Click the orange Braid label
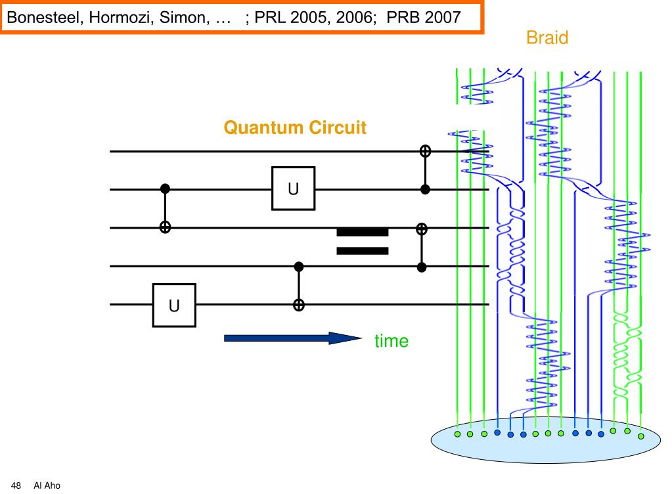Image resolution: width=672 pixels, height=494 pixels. [x=547, y=37]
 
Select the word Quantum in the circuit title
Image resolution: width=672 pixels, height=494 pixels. [x=264, y=127]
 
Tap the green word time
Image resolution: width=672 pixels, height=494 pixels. [x=392, y=341]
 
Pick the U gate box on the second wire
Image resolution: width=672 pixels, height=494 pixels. [x=293, y=189]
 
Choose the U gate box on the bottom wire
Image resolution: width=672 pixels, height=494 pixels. [x=174, y=305]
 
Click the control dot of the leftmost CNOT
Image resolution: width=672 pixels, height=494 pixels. [x=165, y=189]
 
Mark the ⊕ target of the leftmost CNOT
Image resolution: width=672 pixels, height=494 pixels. [x=165, y=227]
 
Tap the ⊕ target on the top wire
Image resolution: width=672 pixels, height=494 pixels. [x=425, y=151]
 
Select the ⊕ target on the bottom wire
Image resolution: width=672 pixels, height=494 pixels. [x=299, y=305]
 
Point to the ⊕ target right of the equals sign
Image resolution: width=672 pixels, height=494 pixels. [x=422, y=229]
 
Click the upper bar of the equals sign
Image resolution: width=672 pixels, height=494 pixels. [x=363, y=233]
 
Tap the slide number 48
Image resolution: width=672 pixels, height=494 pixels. [x=16, y=485]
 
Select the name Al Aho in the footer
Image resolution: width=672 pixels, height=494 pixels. [x=47, y=485]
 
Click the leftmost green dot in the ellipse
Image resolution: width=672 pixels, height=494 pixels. [x=457, y=434]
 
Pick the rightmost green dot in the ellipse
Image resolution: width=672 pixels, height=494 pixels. [x=640, y=436]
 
